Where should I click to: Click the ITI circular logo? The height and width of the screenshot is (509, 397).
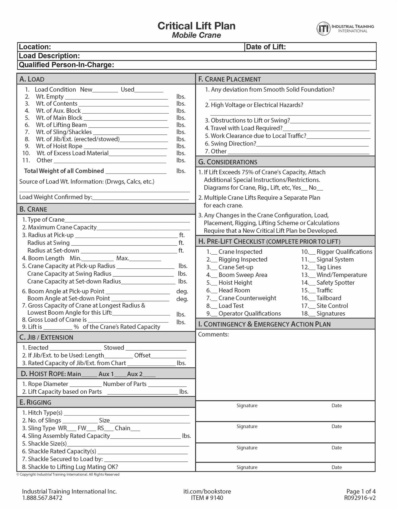(x=324, y=29)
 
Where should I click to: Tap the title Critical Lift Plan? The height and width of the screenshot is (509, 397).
(x=196, y=26)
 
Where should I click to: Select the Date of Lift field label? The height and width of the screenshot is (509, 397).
(x=266, y=47)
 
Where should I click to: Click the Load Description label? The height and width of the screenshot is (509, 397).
(x=49, y=56)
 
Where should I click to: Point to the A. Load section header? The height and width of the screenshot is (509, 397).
(x=32, y=79)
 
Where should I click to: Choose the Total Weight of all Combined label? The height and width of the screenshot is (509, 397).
(x=64, y=171)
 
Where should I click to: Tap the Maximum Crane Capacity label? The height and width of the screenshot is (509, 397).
(x=62, y=227)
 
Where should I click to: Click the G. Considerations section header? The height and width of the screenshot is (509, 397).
(x=228, y=162)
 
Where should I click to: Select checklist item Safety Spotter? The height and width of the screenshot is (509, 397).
(x=335, y=283)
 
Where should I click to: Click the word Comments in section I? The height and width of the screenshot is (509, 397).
(x=213, y=334)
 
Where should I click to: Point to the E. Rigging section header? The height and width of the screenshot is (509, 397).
(x=35, y=402)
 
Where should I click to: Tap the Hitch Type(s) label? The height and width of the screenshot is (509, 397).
(x=45, y=413)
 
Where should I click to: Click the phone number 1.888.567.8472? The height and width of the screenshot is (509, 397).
(x=42, y=498)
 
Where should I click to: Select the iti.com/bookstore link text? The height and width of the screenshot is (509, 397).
(x=207, y=491)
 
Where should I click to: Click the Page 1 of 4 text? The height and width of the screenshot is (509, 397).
(x=361, y=491)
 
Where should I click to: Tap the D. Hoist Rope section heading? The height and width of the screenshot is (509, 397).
(x=51, y=374)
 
